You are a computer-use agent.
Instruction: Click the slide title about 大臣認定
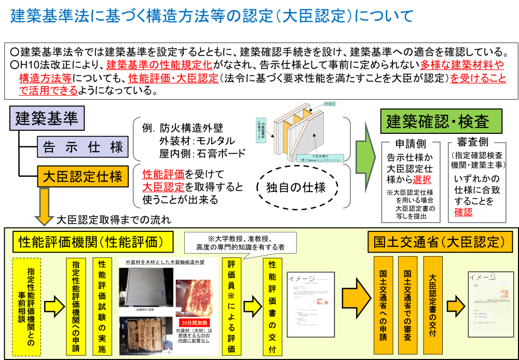[212, 16]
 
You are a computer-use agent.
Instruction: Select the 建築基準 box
[47, 119]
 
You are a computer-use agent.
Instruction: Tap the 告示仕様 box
[83, 147]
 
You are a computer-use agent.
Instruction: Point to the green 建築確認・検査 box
[442, 122]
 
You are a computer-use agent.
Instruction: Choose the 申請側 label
[411, 144]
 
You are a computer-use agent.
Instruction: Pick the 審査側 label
[472, 142]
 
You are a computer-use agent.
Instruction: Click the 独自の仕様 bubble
[296, 187]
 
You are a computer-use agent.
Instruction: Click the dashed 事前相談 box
[26, 307]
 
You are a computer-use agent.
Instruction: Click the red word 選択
[421, 179]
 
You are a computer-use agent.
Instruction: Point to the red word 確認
[463, 212]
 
